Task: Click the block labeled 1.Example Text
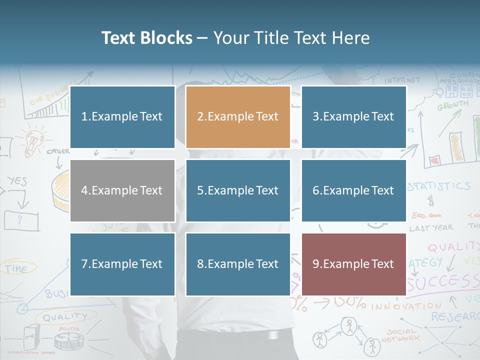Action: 122,117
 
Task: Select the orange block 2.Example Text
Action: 238,117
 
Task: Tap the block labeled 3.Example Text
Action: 353,117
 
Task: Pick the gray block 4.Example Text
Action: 122,190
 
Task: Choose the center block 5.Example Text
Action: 238,190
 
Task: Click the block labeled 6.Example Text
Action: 353,190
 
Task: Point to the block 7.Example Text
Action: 122,264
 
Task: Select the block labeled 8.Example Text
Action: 238,264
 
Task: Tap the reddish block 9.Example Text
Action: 353,264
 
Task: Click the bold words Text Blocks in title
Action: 147,38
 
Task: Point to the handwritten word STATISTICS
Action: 439,186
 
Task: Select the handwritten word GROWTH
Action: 453,106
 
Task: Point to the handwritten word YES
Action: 17,180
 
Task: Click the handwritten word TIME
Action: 16,269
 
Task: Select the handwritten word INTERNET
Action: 402,80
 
